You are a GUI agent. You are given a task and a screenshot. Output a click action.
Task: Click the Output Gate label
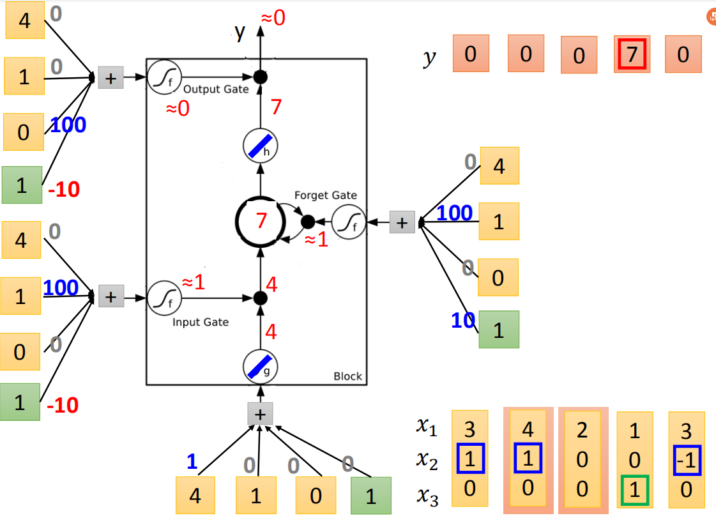coord(216,89)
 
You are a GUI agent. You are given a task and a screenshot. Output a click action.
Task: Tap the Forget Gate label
coord(326,195)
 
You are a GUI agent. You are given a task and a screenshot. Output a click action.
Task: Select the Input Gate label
coord(201,322)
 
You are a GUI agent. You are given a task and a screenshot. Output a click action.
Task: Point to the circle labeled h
coord(261,147)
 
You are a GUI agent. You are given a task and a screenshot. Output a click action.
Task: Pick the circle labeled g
coord(261,367)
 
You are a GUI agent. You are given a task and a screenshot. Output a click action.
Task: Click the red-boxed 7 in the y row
coord(632,54)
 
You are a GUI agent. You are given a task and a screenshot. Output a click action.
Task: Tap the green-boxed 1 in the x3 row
coord(635,490)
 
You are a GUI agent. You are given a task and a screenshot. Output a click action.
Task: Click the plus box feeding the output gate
coord(110,78)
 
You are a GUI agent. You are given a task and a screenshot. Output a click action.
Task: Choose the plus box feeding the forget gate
coord(402,222)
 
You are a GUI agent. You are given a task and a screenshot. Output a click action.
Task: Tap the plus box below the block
coord(261,415)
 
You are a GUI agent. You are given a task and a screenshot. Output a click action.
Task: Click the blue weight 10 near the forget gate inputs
coord(462,321)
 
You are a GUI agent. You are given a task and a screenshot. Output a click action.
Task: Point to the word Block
coord(347,376)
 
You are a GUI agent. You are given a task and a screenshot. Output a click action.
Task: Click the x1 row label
coord(427,426)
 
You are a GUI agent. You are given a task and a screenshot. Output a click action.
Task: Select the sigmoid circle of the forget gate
coord(349,222)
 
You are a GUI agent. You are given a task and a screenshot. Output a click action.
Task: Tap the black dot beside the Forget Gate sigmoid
coord(308,222)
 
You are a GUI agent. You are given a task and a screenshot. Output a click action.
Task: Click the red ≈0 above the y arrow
coord(273,19)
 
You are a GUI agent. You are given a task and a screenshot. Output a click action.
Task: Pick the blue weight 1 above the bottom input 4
coord(192,461)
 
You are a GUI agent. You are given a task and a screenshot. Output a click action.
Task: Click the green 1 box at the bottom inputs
coord(371,496)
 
